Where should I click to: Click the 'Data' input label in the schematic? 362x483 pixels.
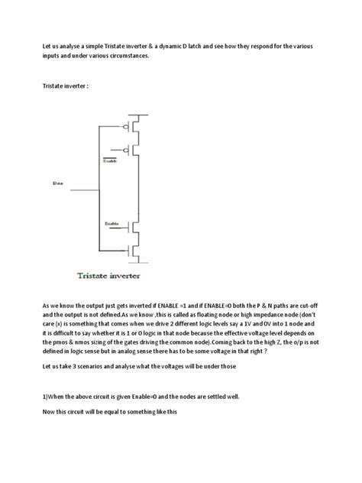(x=57, y=184)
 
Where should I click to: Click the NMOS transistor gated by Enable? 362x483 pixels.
(x=135, y=227)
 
